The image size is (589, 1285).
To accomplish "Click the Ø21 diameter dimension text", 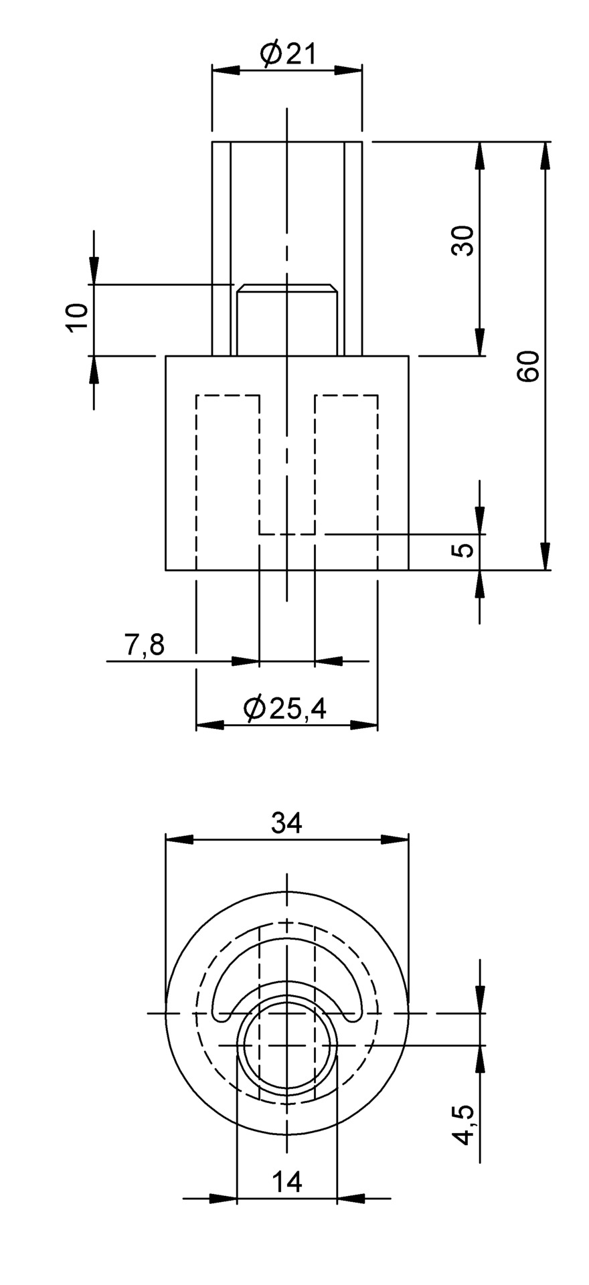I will pos(288,54).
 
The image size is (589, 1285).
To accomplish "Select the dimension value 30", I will pos(462,240).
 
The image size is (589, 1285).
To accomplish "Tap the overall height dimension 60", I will pos(529,365).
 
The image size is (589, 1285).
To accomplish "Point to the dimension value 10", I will pos(77,317).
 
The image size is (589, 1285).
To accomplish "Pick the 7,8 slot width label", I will pos(144,646).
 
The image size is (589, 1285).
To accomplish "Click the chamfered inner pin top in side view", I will pos(286,288).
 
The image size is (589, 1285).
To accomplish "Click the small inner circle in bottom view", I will pos(287,1044).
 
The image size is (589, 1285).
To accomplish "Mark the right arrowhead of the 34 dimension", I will pos(395,841).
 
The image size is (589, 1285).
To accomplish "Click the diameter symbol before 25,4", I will pos(254,708).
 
